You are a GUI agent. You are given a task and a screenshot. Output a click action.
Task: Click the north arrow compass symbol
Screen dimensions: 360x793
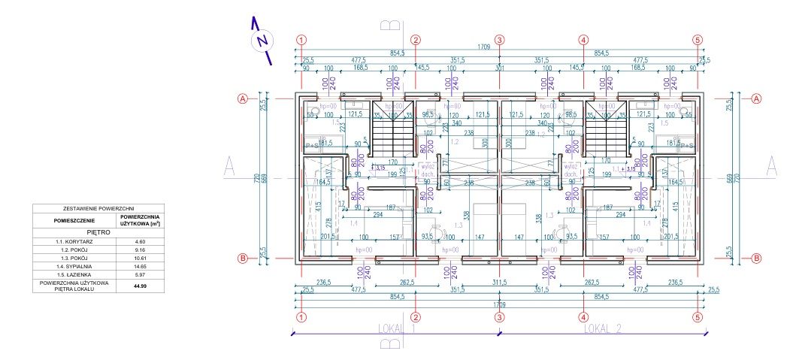tap(262, 39)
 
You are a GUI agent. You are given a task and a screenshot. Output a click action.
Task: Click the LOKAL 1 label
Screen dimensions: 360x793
tap(395, 328)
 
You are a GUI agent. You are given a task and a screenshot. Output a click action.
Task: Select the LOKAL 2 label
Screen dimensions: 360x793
tap(604, 328)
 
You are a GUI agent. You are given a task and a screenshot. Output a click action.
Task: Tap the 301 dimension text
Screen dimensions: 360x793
tap(498, 68)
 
